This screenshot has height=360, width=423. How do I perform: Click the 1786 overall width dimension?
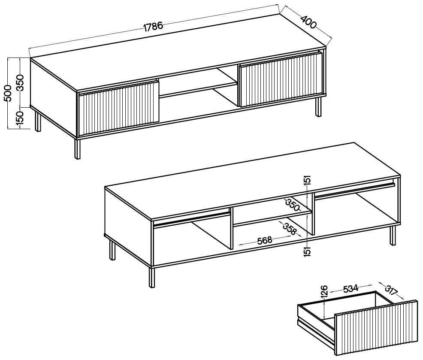[x=153, y=27]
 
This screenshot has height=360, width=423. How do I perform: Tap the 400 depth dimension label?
[x=308, y=22]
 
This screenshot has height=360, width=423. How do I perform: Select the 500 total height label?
[x=9, y=93]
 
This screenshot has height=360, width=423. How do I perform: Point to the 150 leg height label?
[x=20, y=118]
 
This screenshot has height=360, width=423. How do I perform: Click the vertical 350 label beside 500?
[x=20, y=83]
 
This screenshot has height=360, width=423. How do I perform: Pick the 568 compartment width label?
[x=264, y=240]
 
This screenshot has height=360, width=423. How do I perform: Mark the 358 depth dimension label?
[x=290, y=228]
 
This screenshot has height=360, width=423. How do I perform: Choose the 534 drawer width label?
[x=350, y=289]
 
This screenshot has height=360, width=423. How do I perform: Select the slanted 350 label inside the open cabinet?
[x=293, y=205]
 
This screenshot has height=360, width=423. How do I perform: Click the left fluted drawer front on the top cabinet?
[x=118, y=108]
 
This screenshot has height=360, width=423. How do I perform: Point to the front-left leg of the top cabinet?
[x=78, y=149]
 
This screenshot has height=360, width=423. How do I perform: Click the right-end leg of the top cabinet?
[x=319, y=107]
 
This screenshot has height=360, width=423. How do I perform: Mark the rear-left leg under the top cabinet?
[x=38, y=121]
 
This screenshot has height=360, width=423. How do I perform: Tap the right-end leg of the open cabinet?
[x=393, y=236]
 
